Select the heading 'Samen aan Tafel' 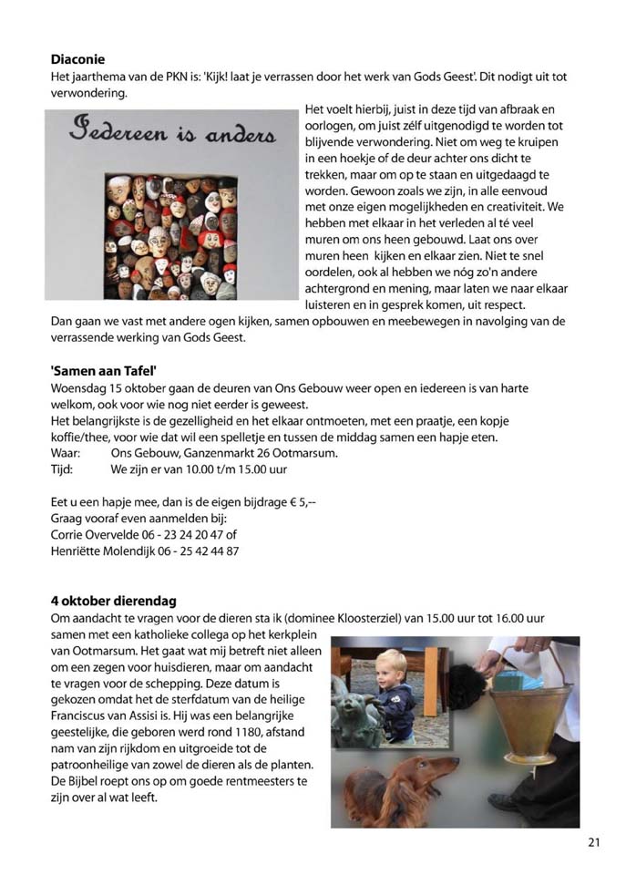tap(104, 370)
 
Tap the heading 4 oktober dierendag tap(114, 601)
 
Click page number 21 tap(593, 842)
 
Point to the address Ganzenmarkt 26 tap(221, 454)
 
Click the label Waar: tap(67, 454)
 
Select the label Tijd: tap(64, 470)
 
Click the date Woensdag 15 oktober tap(104, 388)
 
